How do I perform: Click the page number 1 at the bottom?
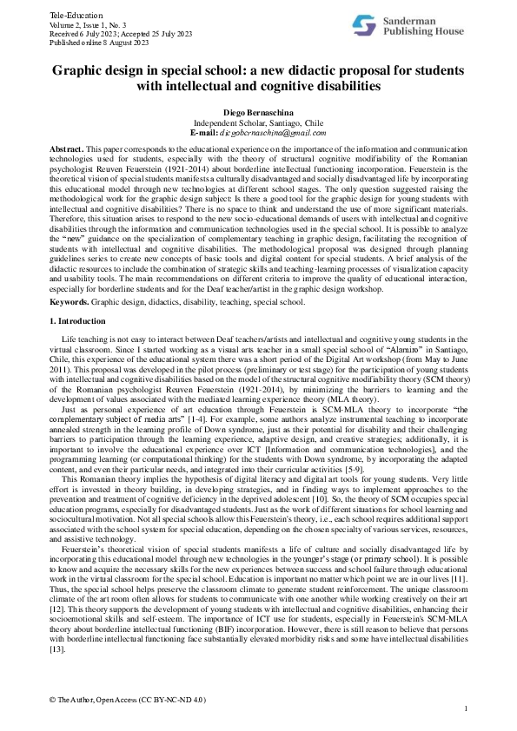pos(466,709)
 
